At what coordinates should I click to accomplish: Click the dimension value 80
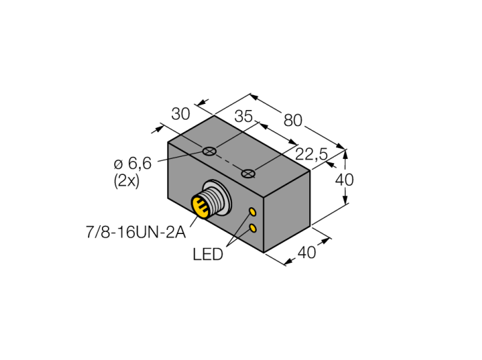[293, 120]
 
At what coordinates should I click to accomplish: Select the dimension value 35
[244, 116]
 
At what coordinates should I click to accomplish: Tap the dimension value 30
[180, 114]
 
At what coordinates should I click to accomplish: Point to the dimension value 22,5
[311, 154]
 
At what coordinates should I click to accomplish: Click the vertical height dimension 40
[344, 180]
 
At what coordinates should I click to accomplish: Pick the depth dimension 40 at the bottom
[307, 253]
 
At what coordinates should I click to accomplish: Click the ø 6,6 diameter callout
[133, 163]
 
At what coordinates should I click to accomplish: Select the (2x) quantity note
[126, 181]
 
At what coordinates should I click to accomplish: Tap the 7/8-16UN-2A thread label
[136, 232]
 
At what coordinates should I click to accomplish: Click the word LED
[208, 254]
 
